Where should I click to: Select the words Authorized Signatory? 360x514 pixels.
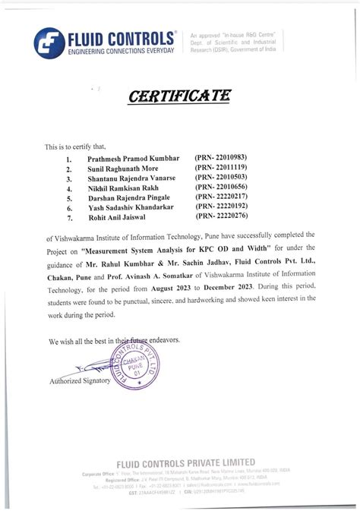[81, 380]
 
